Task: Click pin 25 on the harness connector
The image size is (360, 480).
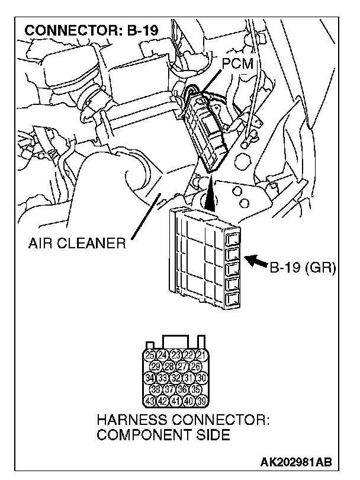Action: [150, 355]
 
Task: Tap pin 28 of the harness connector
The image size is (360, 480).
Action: [169, 366]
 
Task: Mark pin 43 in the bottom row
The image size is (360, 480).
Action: [150, 401]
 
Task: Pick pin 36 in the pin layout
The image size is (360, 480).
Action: [182, 389]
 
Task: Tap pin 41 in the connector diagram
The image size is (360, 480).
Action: [176, 401]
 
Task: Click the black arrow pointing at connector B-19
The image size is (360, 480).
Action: [258, 260]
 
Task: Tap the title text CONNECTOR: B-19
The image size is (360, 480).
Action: [92, 30]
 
